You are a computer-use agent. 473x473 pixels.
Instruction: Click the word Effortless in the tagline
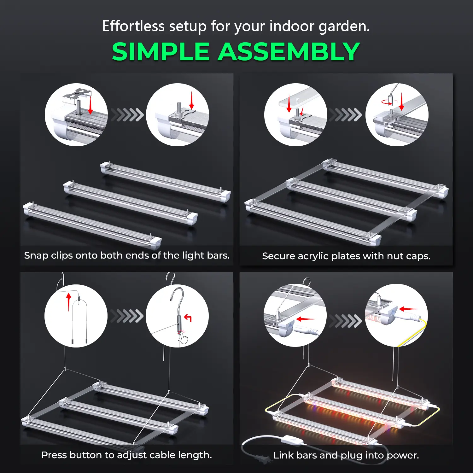coord(133,26)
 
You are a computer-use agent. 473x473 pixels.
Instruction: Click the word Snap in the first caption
coord(36,256)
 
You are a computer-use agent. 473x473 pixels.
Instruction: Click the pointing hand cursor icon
coord(183,338)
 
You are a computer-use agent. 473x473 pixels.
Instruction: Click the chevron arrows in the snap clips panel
coord(127,115)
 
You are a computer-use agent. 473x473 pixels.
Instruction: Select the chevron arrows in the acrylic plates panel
coord(346,115)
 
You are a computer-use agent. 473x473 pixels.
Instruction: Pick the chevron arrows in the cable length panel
coord(127,316)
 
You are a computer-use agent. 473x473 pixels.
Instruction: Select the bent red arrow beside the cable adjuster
coord(188,318)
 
